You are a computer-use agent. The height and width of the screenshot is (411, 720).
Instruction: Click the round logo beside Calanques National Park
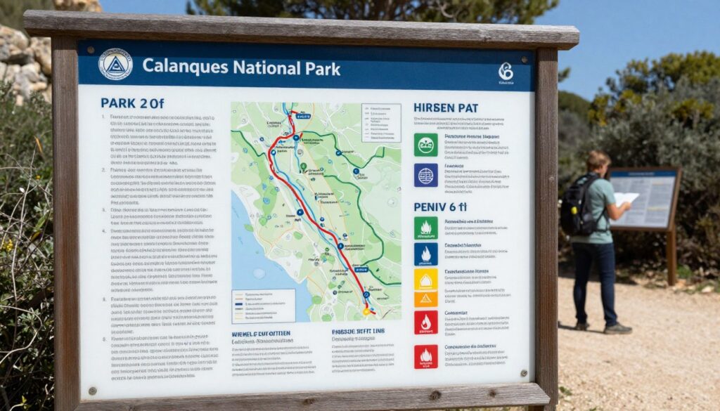(x=115, y=64)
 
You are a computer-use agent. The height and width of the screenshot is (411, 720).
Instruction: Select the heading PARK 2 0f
(x=132, y=103)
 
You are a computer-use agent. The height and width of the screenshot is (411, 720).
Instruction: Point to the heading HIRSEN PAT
(x=446, y=107)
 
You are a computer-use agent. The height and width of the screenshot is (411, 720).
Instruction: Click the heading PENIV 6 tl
(x=440, y=207)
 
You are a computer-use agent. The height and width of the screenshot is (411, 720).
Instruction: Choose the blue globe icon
(x=425, y=175)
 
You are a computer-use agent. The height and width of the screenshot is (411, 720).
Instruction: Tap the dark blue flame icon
(x=425, y=254)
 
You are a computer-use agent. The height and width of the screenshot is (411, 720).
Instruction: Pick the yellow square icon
(x=425, y=280)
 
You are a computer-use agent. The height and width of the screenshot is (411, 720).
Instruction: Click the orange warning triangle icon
(x=425, y=299)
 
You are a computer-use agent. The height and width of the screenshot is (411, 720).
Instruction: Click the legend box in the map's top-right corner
(x=380, y=123)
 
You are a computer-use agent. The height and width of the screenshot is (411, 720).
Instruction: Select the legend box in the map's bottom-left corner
(x=264, y=306)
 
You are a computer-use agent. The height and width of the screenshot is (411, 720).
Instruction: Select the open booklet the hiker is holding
(x=626, y=199)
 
